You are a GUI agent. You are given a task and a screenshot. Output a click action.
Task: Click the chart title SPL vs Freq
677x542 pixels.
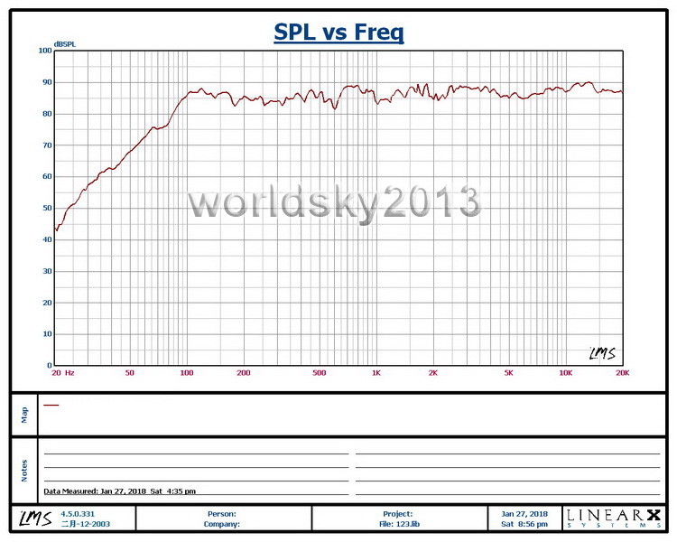point(338,33)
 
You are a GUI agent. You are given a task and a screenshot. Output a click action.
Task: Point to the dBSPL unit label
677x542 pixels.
point(65,43)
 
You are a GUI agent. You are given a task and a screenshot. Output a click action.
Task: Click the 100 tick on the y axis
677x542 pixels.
point(45,51)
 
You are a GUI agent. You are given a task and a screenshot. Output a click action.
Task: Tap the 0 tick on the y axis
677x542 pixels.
point(50,365)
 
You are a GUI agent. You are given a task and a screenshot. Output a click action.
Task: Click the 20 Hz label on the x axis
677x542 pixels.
point(62,372)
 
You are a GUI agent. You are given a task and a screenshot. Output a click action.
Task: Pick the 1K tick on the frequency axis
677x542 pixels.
point(376,372)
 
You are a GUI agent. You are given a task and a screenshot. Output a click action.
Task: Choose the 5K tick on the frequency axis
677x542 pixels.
point(509,372)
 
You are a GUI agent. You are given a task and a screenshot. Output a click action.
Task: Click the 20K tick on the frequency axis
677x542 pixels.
point(622,372)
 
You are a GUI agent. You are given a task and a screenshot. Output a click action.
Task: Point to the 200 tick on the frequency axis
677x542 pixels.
point(243,372)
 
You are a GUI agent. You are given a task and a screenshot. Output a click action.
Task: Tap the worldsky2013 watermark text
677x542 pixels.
point(334,202)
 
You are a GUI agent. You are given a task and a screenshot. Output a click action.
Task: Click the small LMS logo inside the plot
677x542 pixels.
point(602,353)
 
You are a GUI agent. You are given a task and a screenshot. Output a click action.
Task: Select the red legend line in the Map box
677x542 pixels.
point(51,406)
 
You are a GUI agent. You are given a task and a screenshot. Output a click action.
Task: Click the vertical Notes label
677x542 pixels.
point(24,470)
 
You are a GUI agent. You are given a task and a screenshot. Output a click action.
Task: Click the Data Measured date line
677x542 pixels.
point(120,491)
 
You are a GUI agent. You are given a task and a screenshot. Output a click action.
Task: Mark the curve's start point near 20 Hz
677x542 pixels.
point(56,229)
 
